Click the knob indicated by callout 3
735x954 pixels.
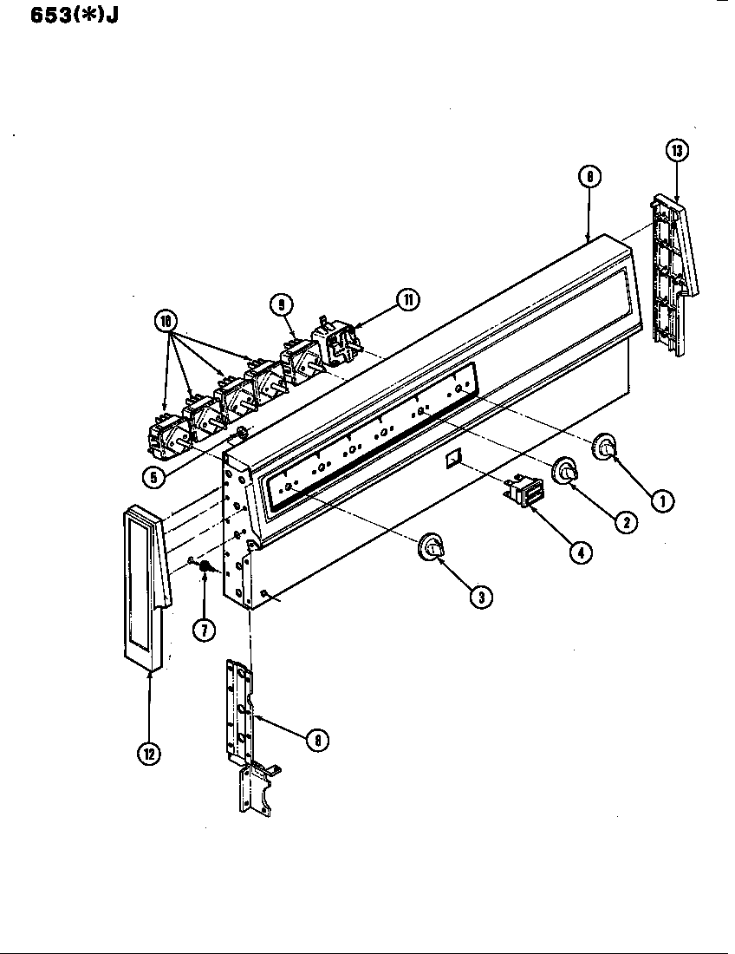(x=431, y=546)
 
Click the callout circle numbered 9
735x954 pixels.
(x=281, y=304)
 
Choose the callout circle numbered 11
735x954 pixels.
(x=407, y=300)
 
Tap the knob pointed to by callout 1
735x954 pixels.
(x=604, y=448)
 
